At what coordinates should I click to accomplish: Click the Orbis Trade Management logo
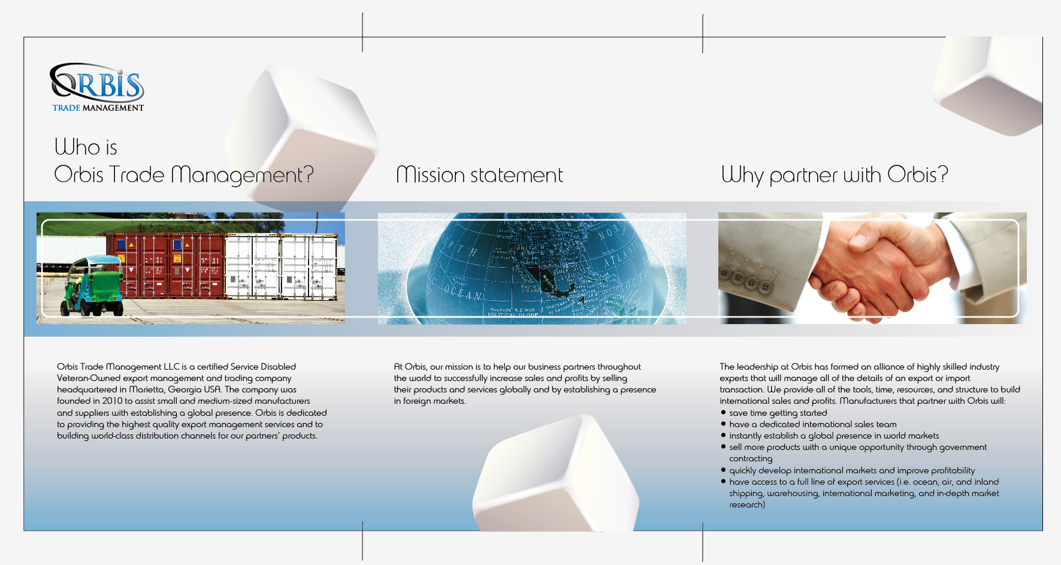click(x=98, y=87)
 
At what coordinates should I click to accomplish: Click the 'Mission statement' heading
click(x=479, y=175)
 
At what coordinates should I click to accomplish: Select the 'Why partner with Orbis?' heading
click(x=835, y=175)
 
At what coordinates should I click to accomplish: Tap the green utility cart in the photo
click(x=92, y=285)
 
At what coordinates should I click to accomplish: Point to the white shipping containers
click(x=281, y=267)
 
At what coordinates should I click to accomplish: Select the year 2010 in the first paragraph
click(x=112, y=401)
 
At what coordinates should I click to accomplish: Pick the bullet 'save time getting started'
click(x=774, y=413)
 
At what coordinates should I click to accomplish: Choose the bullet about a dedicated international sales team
click(x=809, y=424)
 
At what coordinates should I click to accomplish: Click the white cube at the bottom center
click(x=556, y=476)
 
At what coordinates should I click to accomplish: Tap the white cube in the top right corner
click(x=989, y=84)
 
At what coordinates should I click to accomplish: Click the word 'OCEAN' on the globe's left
click(x=463, y=293)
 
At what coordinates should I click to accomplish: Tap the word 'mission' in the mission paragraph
click(x=459, y=367)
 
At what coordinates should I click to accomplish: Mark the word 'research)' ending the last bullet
click(x=747, y=504)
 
